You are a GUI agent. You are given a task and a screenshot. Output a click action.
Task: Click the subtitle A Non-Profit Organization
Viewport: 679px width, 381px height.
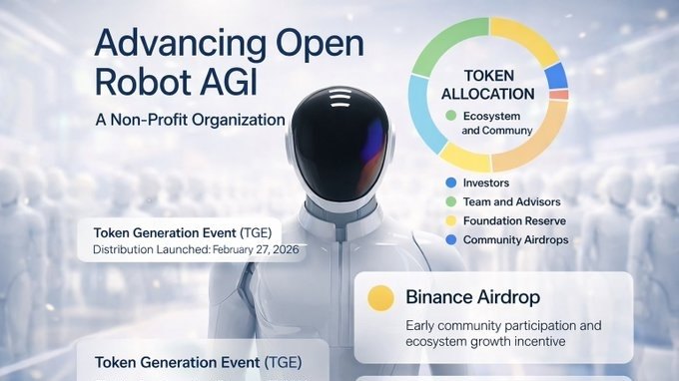coord(190,120)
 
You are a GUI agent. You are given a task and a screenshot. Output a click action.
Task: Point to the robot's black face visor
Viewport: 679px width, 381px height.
coord(339,143)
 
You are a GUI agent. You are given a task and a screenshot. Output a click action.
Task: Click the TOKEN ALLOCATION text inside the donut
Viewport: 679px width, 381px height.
coord(488,85)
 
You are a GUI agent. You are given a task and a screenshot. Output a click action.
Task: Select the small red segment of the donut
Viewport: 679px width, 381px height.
coord(559,95)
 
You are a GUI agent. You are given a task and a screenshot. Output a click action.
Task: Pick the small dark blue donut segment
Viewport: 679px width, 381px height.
coord(556,77)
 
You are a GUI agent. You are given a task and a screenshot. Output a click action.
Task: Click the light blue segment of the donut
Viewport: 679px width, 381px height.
coord(423,114)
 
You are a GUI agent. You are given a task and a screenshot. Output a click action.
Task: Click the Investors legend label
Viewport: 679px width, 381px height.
coord(486,183)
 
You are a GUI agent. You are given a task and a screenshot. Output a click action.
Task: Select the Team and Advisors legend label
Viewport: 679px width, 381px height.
coord(512,201)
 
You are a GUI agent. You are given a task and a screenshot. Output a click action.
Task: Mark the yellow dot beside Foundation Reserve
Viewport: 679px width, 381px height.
coord(451,221)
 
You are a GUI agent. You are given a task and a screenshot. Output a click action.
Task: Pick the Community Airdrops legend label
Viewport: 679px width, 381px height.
coord(516,240)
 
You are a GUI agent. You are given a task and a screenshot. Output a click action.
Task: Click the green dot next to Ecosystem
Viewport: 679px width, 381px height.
coord(450,116)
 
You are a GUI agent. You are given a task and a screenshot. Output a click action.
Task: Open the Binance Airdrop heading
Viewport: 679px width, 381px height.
coord(473,297)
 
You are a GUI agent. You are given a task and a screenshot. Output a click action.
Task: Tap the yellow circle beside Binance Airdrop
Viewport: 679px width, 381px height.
coord(380,298)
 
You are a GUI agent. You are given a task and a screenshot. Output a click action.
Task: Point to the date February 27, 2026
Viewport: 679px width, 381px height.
coord(256,249)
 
